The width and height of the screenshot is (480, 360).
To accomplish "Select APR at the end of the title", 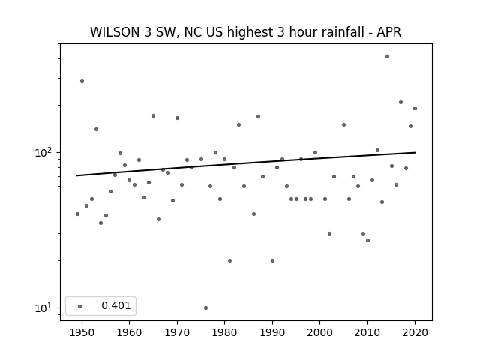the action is pos(388,32).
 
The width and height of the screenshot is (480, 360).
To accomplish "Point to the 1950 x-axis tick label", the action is pos(82,332).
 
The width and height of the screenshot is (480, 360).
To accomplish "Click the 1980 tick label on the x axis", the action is pos(224,332).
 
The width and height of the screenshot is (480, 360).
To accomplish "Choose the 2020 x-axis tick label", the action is pos(415,332).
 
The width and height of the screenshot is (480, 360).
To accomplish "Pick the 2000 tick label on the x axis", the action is pos(320,332).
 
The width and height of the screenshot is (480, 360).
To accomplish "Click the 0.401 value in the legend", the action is pos(116,305).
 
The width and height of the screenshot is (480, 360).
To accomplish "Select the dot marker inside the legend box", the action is pos(80,306).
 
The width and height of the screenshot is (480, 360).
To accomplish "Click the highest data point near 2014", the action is pos(387,57).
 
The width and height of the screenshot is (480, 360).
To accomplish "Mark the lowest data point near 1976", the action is pos(205,307).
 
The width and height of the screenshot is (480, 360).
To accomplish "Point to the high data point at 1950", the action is pos(82,80).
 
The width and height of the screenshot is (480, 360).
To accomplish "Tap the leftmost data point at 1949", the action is pos(77,214).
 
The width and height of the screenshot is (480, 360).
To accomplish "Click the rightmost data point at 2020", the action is pos(415,108).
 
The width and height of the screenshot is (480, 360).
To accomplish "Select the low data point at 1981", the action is pos(229,260).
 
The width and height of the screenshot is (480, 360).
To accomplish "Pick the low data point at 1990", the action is pos(272,260).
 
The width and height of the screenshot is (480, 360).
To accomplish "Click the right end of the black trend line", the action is pos(415,152).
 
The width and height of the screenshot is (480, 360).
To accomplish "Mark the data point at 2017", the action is pos(400,102).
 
